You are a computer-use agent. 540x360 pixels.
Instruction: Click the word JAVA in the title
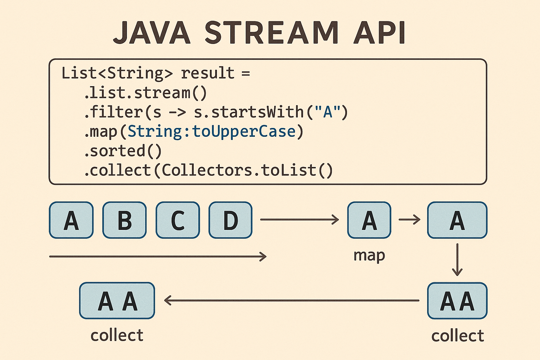[152, 33]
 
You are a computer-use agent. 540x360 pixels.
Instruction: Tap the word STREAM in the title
[271, 33]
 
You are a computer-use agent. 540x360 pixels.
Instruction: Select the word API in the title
[380, 33]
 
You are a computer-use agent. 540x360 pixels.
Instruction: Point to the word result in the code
[207, 73]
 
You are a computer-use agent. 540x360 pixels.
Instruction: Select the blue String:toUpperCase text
[212, 132]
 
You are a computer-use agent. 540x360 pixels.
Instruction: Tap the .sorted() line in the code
[123, 151]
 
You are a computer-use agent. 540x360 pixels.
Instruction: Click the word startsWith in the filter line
[257, 112]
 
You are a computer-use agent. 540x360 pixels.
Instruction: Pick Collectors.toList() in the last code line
[247, 171]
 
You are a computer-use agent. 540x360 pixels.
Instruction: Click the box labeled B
[124, 220]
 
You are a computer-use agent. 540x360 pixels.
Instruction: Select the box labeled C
[178, 220]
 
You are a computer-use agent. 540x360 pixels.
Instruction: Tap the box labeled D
[231, 220]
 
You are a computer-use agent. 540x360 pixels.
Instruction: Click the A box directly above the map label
[369, 220]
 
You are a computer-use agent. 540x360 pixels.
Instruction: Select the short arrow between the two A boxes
[410, 220]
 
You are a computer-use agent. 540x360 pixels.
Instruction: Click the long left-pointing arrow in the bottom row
[291, 301]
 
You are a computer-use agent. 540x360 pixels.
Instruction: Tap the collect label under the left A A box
[117, 335]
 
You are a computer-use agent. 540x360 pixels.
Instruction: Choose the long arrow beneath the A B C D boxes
[158, 257]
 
